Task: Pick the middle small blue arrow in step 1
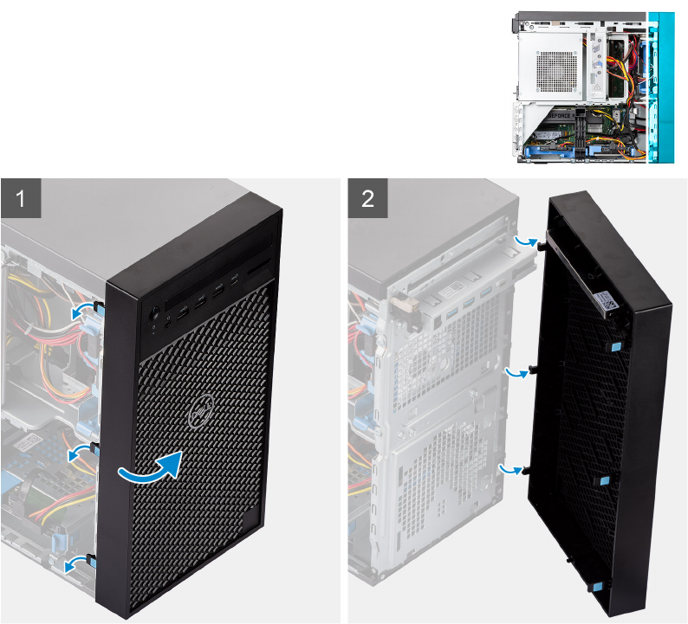coord(81,450)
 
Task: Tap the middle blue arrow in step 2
coord(517,371)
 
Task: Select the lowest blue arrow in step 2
coord(511,468)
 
